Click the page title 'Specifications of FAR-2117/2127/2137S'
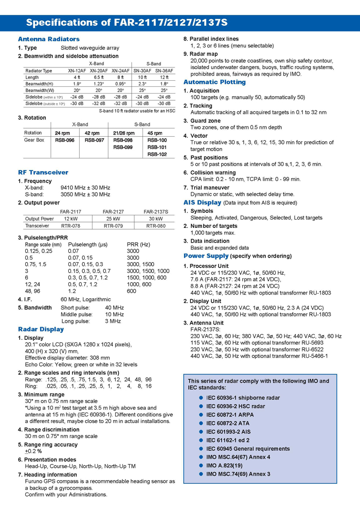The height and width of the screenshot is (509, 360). (x=127, y=23)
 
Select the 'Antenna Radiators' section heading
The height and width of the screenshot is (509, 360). (x=45, y=40)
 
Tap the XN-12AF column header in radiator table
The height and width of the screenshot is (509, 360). (x=77, y=70)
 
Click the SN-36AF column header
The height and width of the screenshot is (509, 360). (x=164, y=70)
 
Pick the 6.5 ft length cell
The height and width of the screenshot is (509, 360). (x=99, y=77)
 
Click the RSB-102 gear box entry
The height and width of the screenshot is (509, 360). (x=157, y=154)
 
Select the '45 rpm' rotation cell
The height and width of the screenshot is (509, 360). (x=155, y=133)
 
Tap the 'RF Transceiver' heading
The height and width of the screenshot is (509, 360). (x=43, y=172)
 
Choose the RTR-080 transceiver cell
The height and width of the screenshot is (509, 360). (x=156, y=225)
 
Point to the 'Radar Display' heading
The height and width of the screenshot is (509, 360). (x=41, y=329)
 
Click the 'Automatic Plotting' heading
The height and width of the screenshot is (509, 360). (x=214, y=82)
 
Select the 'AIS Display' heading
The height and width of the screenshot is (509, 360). (x=202, y=203)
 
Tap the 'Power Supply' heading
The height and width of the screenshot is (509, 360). (x=206, y=256)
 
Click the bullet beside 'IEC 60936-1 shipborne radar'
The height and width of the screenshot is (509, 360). (x=200, y=398)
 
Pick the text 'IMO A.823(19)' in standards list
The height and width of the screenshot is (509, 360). (x=224, y=465)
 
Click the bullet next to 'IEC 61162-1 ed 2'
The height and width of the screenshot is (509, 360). (x=200, y=440)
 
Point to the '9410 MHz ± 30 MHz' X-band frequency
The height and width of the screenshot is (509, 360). (x=85, y=188)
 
